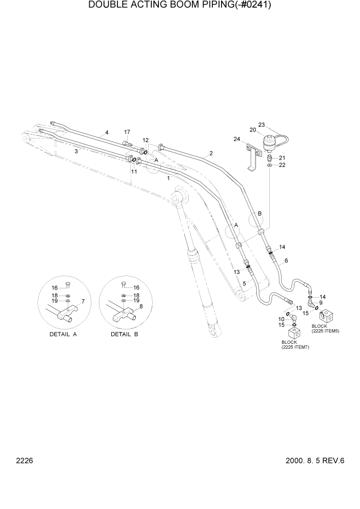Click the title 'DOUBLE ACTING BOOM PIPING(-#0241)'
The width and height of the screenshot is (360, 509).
pyautogui.click(x=179, y=6)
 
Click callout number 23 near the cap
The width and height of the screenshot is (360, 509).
pyautogui.click(x=261, y=125)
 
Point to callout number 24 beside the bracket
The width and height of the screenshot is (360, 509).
pyautogui.click(x=237, y=139)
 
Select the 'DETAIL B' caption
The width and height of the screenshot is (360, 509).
pyautogui.click(x=125, y=334)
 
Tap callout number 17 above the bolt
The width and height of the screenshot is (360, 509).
pyautogui.click(x=127, y=132)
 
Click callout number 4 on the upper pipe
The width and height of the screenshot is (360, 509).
pyautogui.click(x=107, y=132)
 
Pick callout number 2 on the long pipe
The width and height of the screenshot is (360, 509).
pyautogui.click(x=211, y=153)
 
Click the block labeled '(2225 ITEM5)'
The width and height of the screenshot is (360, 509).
pyautogui.click(x=325, y=316)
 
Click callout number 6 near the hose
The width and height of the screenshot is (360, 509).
pyautogui.click(x=286, y=261)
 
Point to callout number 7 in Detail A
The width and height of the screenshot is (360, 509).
pyautogui.click(x=83, y=301)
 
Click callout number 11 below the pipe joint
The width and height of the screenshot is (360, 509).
pyautogui.click(x=134, y=172)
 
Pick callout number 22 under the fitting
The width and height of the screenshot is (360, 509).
pyautogui.click(x=282, y=165)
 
